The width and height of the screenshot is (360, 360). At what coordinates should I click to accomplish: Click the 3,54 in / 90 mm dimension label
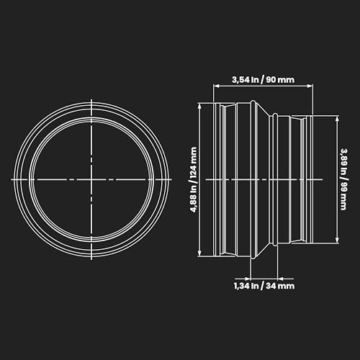tap(263, 80)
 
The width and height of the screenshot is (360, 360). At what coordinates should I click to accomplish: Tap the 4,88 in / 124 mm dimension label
tap(194, 180)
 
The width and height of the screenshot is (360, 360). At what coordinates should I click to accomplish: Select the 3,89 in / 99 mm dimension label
tap(344, 179)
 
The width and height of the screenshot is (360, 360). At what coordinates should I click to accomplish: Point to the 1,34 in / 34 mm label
tap(264, 286)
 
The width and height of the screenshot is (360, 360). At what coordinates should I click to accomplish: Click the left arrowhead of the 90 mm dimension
tap(217, 86)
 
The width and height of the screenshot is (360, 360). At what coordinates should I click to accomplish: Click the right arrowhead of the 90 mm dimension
tap(310, 86)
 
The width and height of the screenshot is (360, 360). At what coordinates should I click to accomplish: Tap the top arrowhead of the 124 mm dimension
tap(199, 107)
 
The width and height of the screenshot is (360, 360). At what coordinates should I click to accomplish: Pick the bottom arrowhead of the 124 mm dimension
tap(199, 253)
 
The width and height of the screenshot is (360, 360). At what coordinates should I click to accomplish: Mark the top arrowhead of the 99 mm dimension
tap(337, 119)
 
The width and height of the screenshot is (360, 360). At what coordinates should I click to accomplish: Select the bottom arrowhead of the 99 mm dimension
tap(337, 240)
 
